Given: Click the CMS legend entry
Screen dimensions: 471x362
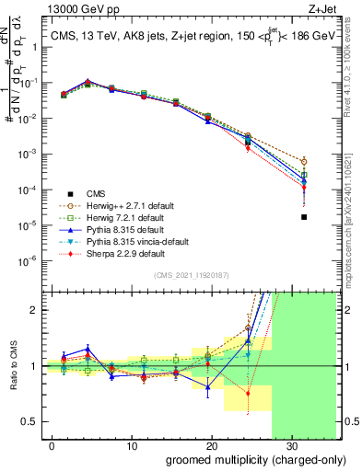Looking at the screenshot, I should (x=96, y=193).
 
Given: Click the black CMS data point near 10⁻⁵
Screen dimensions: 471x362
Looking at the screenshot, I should (x=304, y=217).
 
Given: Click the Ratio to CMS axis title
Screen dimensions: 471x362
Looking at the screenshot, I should (x=14, y=366).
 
